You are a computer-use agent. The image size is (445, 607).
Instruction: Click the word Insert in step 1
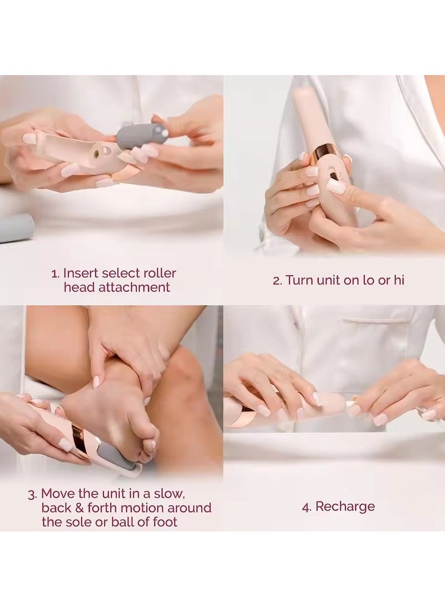click(81, 273)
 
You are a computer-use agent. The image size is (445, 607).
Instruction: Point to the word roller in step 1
click(160, 273)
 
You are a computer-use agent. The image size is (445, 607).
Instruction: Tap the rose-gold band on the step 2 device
click(325, 151)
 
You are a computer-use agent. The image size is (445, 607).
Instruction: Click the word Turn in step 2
click(299, 280)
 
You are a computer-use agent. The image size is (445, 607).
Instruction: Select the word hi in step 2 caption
click(399, 280)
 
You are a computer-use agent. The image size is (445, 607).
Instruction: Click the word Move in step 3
click(58, 493)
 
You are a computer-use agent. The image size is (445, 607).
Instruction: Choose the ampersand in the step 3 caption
click(79, 508)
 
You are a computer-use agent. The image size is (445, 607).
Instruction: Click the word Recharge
click(345, 507)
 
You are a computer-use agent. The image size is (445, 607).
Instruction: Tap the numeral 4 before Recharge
click(306, 507)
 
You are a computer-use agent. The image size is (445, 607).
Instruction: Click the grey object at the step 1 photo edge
click(16, 228)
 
